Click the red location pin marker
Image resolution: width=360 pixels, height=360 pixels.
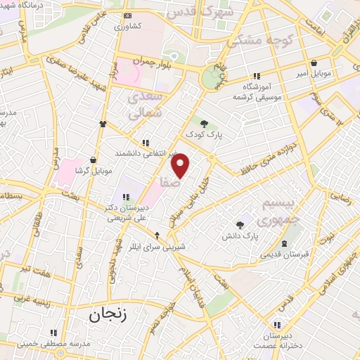[181, 166]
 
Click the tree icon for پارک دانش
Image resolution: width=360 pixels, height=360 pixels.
[240, 226]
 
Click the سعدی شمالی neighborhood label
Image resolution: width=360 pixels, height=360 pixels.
[146, 104]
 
